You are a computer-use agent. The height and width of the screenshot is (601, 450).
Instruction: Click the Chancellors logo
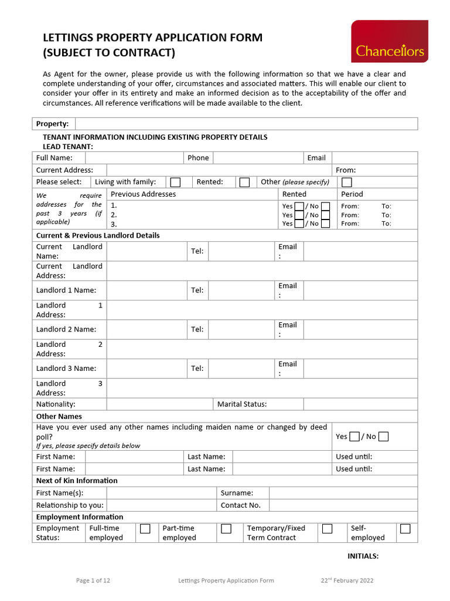click(389, 41)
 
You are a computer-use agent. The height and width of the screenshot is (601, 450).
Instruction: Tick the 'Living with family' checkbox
click(175, 182)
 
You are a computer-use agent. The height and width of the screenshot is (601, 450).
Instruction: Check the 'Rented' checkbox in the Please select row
click(244, 182)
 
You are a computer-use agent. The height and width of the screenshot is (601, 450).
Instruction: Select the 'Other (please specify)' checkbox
click(347, 182)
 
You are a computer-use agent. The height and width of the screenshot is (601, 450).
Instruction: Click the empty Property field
click(246, 123)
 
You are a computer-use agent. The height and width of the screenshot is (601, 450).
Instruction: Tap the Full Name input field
click(134, 157)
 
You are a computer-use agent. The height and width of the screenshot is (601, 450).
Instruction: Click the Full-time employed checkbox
click(145, 529)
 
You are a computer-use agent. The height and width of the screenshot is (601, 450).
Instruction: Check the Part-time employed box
click(226, 529)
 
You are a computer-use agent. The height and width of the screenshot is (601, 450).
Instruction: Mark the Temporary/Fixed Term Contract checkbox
click(327, 529)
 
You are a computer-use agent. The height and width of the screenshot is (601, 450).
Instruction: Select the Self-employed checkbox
click(405, 529)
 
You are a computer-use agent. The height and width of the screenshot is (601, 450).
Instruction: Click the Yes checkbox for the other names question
click(354, 436)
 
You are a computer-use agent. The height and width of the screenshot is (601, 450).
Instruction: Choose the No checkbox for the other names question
click(383, 436)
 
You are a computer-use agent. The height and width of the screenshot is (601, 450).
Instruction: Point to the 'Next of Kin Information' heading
click(77, 480)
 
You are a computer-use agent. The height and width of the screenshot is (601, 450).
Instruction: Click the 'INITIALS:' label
click(363, 556)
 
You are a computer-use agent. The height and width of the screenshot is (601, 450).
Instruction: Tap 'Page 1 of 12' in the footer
click(93, 580)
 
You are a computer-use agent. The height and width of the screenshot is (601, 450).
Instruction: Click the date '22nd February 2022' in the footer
click(346, 580)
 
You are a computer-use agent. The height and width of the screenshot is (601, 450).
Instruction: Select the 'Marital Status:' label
click(242, 404)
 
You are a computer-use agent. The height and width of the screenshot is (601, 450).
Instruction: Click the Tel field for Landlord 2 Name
click(241, 329)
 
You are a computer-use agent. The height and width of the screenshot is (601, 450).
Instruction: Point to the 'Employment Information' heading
click(80, 516)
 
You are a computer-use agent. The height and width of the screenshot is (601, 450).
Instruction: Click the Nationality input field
click(159, 404)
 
